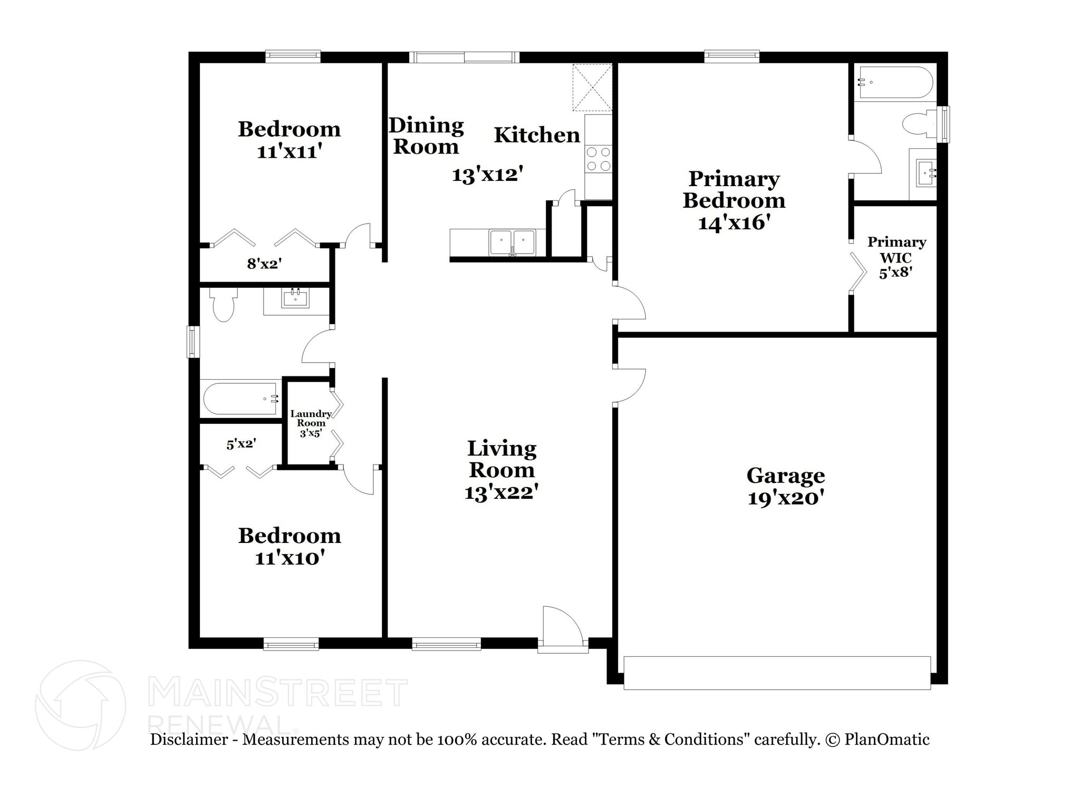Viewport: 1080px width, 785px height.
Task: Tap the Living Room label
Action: click(502, 459)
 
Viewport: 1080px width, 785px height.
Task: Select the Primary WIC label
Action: click(896, 250)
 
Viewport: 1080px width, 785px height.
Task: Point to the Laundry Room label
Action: click(311, 419)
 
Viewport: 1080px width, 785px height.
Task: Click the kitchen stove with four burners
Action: click(599, 159)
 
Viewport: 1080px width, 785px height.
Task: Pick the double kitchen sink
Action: click(512, 243)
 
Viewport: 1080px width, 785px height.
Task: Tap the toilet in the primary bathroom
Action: click(920, 124)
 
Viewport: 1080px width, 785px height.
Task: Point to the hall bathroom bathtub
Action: click(240, 399)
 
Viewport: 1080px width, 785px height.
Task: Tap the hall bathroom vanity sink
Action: click(296, 298)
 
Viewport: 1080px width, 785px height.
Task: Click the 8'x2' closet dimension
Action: click(264, 263)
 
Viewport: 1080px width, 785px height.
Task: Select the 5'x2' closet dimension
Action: click(242, 444)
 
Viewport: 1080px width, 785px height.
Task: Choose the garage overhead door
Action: click(777, 673)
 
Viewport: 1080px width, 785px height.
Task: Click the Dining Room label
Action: click(426, 136)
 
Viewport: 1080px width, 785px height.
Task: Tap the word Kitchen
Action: click(537, 135)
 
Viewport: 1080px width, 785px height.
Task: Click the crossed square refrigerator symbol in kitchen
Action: click(593, 88)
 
